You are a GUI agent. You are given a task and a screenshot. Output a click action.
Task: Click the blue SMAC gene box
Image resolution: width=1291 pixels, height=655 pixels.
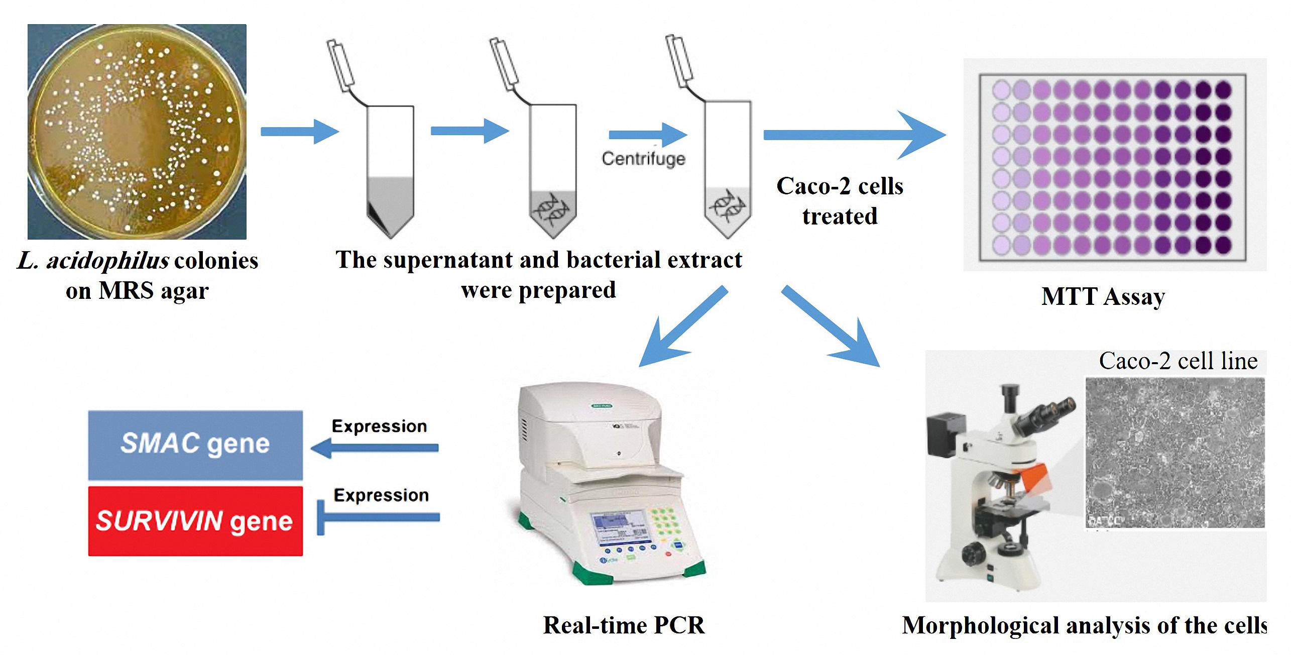click(x=195, y=445)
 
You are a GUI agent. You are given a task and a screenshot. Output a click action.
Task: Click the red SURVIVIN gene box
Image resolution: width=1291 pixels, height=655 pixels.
click(x=195, y=521)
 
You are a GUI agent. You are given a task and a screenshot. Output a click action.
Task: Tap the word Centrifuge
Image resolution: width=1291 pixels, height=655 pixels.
click(x=643, y=159)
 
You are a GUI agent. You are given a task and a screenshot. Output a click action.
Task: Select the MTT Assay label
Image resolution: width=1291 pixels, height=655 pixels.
click(x=1103, y=296)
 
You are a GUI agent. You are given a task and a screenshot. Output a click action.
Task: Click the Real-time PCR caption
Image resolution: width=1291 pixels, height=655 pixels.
click(x=624, y=625)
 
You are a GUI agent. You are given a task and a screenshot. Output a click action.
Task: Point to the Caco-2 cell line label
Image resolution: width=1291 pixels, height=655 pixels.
click(x=1178, y=361)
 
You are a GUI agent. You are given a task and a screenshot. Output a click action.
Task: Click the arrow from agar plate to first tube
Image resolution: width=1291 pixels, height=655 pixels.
click(x=300, y=132)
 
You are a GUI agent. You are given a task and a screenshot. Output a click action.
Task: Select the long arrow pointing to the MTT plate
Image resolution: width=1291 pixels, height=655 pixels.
click(x=854, y=135)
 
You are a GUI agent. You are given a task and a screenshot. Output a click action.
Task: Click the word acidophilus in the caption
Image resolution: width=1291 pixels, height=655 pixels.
click(x=107, y=261)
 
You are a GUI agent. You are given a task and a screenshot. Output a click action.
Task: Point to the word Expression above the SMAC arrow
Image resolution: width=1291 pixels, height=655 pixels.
click(x=379, y=426)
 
